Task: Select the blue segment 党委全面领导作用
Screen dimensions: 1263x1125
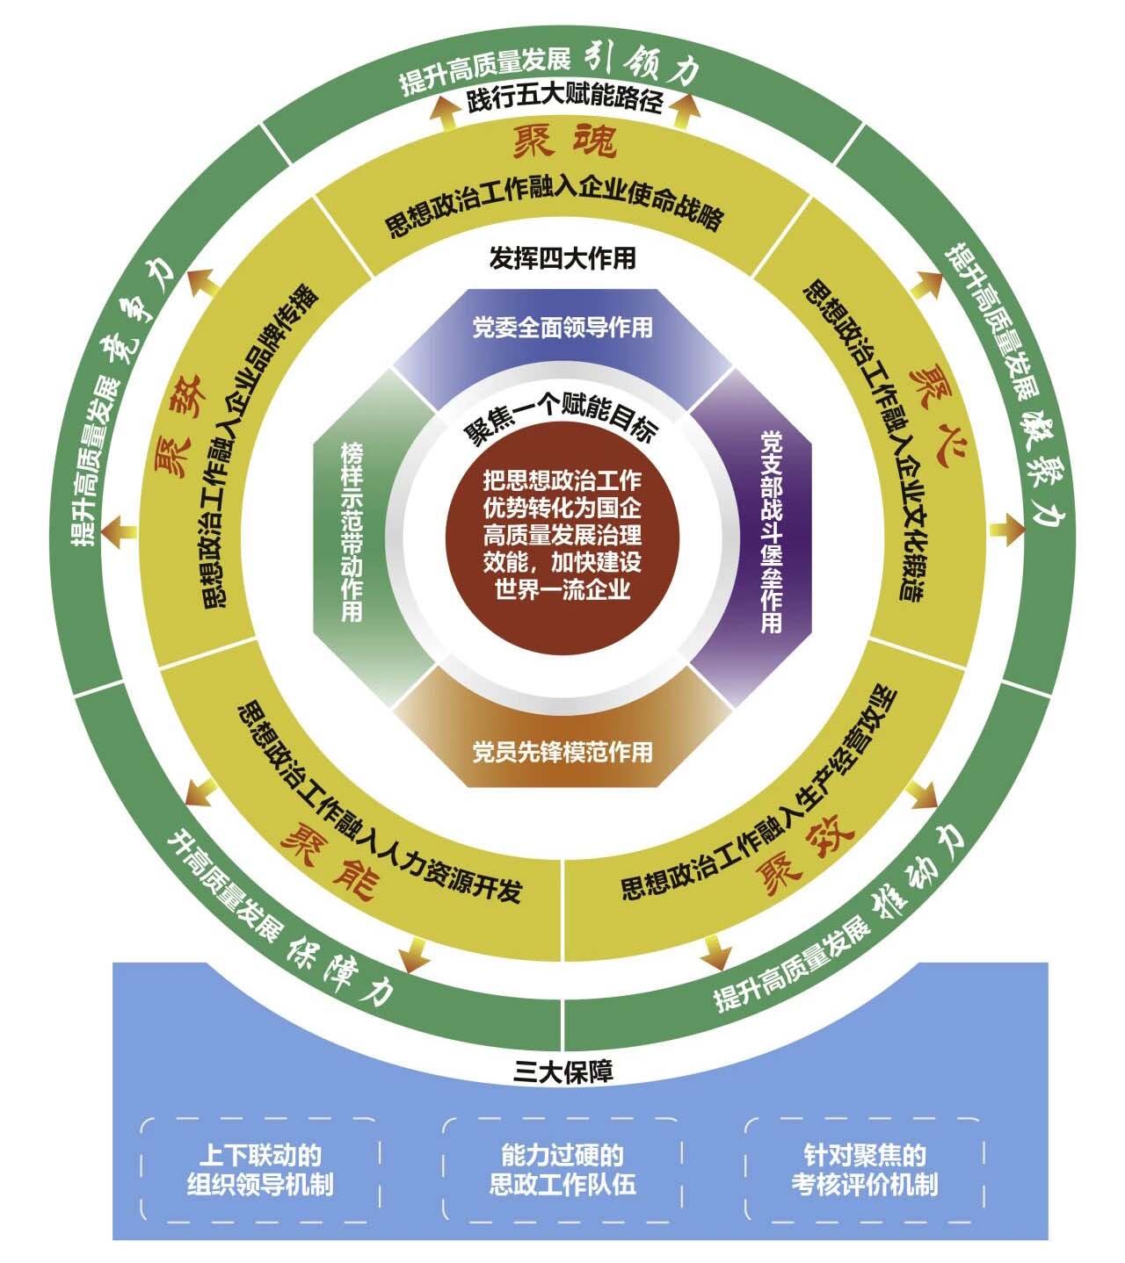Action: click(x=562, y=328)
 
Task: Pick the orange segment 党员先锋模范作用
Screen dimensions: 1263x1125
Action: click(x=562, y=752)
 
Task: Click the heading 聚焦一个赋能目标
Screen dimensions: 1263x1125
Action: click(x=562, y=423)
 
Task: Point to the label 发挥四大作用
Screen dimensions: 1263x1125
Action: click(x=562, y=258)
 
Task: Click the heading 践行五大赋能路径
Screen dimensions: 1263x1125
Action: click(x=563, y=101)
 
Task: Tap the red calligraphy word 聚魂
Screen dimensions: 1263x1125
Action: click(x=564, y=141)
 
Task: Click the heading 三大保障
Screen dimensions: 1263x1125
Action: click(x=563, y=1072)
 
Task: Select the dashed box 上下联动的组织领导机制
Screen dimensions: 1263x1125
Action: click(x=260, y=1169)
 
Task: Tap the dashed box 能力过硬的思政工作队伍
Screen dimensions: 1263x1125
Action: click(x=562, y=1169)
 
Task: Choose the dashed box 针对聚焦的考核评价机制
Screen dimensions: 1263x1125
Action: click(x=864, y=1169)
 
